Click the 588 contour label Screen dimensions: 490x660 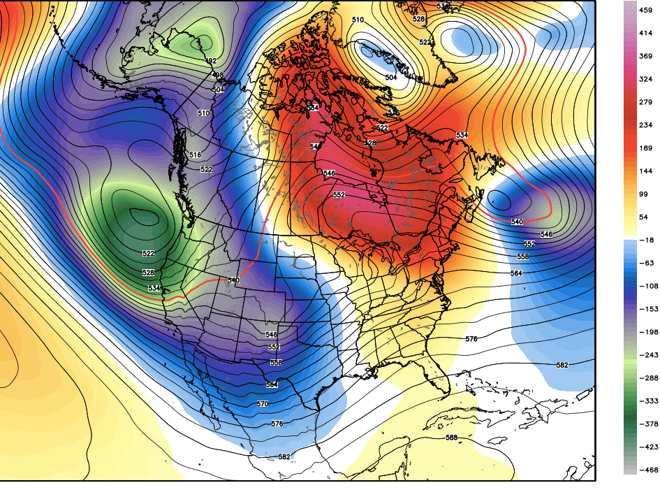[453, 438]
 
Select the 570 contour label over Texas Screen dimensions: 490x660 [263, 404]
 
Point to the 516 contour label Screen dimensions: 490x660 [194, 154]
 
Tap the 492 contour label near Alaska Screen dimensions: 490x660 [210, 62]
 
